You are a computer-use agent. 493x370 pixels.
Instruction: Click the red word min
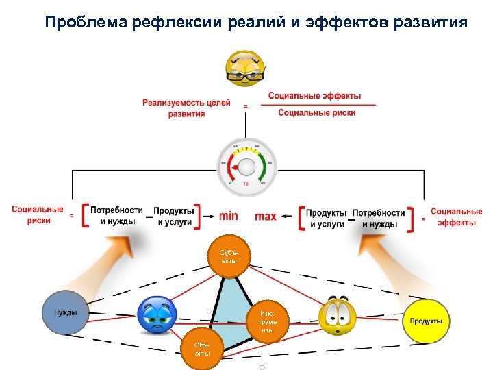(x=229, y=216)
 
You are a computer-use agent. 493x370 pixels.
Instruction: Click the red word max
(x=266, y=216)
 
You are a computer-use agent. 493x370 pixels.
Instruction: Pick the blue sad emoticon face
(x=158, y=315)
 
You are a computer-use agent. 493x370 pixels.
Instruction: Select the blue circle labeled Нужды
(x=65, y=313)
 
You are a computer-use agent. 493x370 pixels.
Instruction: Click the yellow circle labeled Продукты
(x=425, y=321)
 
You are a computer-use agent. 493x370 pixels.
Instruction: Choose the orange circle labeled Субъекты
(x=229, y=256)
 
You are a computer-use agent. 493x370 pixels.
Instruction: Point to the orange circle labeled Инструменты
(x=267, y=321)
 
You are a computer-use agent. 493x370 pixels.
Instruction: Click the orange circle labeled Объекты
(x=202, y=349)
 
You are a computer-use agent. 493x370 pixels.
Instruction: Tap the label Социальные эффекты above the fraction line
(x=314, y=96)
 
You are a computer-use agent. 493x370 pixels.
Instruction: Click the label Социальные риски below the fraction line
(x=316, y=113)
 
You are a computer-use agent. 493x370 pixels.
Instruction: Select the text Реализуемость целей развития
(x=186, y=108)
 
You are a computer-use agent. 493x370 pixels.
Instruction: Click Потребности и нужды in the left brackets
(x=116, y=216)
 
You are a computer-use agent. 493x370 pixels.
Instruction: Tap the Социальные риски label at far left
(x=38, y=215)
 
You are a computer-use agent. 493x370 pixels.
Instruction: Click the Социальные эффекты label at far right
(x=456, y=217)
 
